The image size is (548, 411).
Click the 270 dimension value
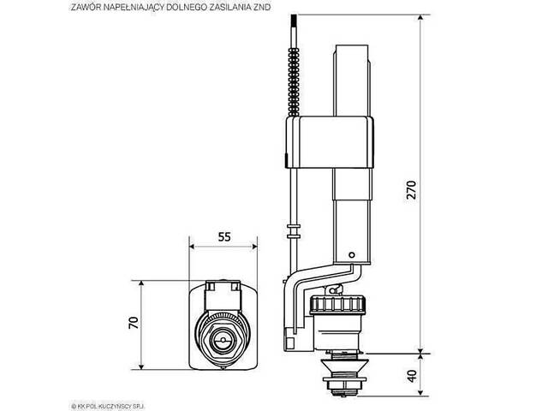[x=412, y=190]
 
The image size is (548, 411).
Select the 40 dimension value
[x=413, y=376]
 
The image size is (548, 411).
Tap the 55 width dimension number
[x=224, y=236]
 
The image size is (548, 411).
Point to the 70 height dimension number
[x=134, y=323]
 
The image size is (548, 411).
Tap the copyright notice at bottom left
[x=108, y=406]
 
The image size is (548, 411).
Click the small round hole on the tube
[x=352, y=255]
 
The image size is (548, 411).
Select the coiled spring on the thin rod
[x=294, y=82]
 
